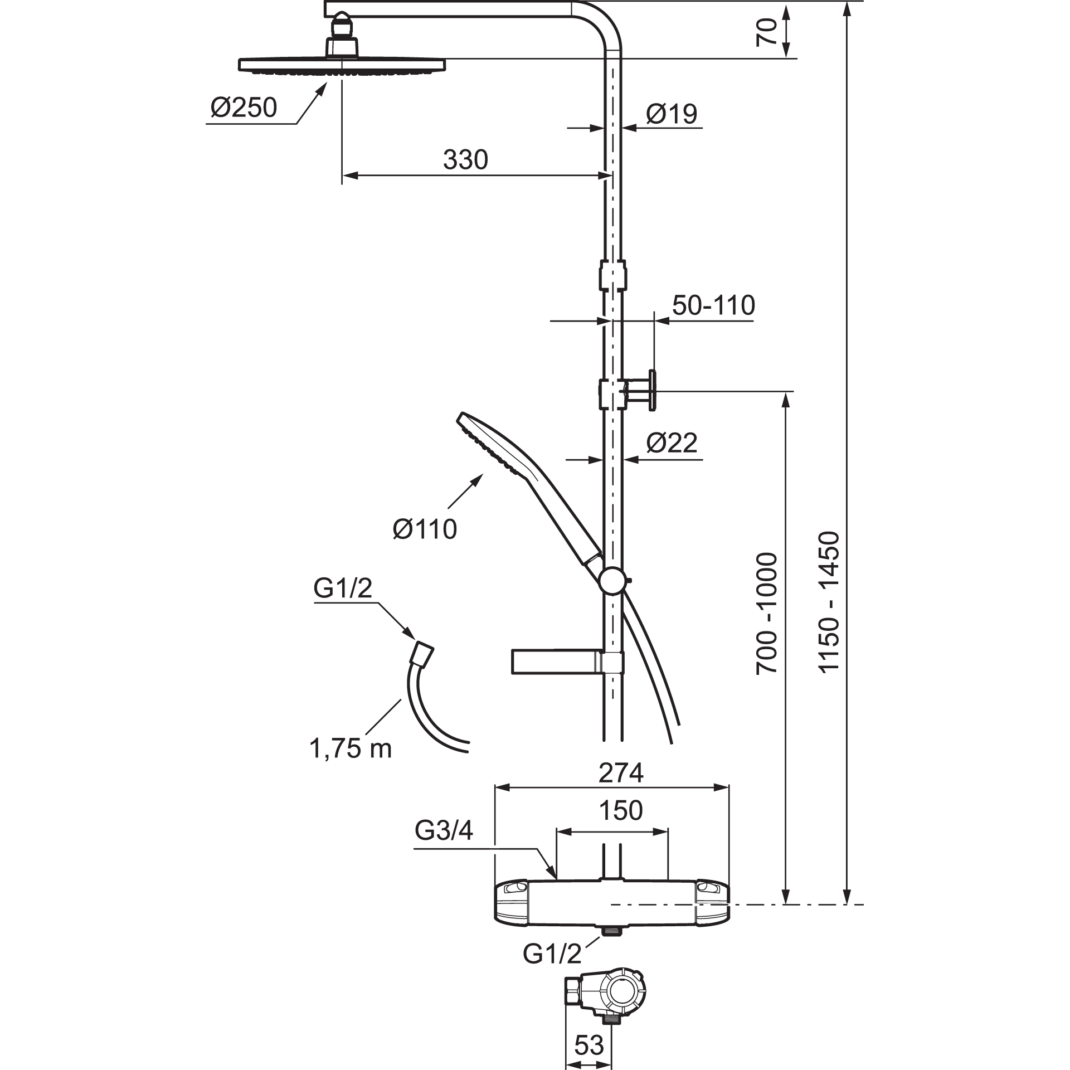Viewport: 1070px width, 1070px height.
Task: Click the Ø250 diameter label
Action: (x=244, y=107)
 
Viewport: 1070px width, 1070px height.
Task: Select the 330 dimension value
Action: (x=465, y=160)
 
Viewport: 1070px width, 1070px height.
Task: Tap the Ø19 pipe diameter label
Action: (x=672, y=114)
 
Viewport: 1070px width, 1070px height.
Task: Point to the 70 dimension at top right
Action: (x=766, y=31)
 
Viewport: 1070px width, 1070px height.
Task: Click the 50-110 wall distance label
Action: (x=713, y=305)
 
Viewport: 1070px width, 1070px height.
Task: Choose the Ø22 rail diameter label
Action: (x=672, y=443)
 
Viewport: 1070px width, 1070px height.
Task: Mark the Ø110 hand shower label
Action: (x=425, y=529)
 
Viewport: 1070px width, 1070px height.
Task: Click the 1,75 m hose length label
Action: (x=351, y=749)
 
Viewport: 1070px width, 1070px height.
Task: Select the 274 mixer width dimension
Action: (x=621, y=773)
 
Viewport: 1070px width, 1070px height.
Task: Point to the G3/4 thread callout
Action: (x=444, y=847)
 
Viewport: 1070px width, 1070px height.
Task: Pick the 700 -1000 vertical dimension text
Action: (x=767, y=613)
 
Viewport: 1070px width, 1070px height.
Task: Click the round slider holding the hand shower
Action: (x=613, y=581)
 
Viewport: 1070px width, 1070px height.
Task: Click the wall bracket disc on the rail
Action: (x=651, y=391)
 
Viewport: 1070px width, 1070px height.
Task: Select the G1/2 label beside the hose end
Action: (x=343, y=588)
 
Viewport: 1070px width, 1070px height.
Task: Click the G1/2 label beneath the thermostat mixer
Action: (x=552, y=954)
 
